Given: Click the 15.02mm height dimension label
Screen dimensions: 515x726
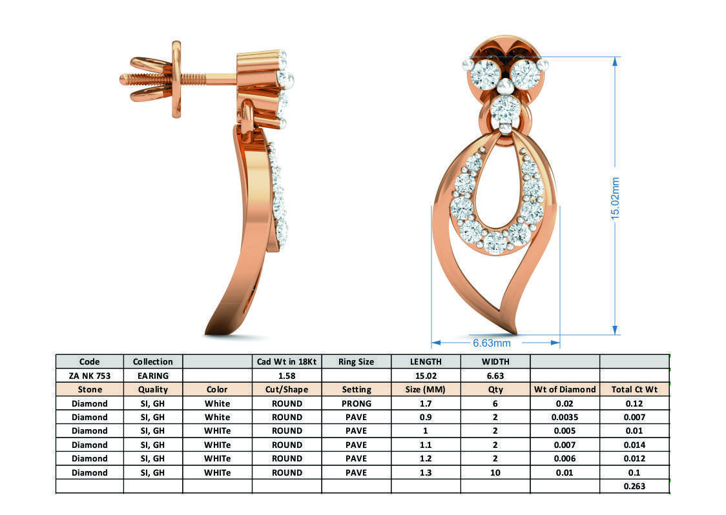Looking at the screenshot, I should tap(615, 197).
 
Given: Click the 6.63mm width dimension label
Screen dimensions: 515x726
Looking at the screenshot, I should tap(492, 343).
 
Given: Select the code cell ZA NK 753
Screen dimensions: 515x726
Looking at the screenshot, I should tap(89, 376).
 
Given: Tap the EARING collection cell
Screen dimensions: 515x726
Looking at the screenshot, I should tap(152, 376).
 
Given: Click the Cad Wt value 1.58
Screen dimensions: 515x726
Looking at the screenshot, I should tap(286, 376).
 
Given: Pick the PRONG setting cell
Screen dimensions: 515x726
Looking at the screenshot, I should tap(356, 403).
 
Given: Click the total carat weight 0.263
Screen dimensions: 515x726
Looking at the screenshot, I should tap(634, 487).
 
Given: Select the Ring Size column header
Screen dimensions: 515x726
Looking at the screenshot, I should tap(356, 361).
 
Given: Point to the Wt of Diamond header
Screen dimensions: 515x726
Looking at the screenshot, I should tap(565, 390).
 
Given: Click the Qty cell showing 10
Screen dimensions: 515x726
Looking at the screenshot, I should tap(495, 472).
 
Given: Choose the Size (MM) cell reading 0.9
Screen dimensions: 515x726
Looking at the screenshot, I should tap(426, 417).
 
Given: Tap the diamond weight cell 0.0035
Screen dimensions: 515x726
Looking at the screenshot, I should tap(565, 417).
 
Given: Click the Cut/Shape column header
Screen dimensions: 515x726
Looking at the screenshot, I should tap(286, 390).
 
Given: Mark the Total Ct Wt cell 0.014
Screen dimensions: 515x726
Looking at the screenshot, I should tap(634, 445).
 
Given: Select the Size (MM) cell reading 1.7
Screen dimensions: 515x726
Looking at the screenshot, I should tap(426, 403).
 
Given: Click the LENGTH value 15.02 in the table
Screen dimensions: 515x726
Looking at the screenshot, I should tap(426, 376).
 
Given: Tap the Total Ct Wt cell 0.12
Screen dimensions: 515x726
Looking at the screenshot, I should tap(634, 403).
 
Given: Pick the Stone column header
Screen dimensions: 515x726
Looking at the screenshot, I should tap(89, 390).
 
